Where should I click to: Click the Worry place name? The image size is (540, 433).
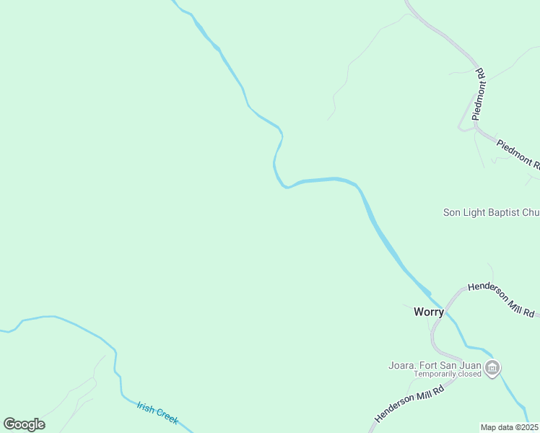click(428, 312)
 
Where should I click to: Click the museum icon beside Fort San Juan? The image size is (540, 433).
click(492, 369)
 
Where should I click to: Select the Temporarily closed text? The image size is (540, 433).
click(448, 374)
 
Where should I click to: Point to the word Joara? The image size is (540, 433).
click(402, 364)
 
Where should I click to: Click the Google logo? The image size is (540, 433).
click(24, 424)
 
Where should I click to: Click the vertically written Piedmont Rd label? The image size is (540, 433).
click(478, 95)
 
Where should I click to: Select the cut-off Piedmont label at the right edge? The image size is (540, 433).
click(518, 152)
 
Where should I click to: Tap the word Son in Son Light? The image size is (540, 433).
click(451, 212)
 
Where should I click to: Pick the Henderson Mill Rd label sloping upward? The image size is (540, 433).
click(406, 399)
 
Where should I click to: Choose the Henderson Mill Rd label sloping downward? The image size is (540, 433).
click(501, 299)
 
